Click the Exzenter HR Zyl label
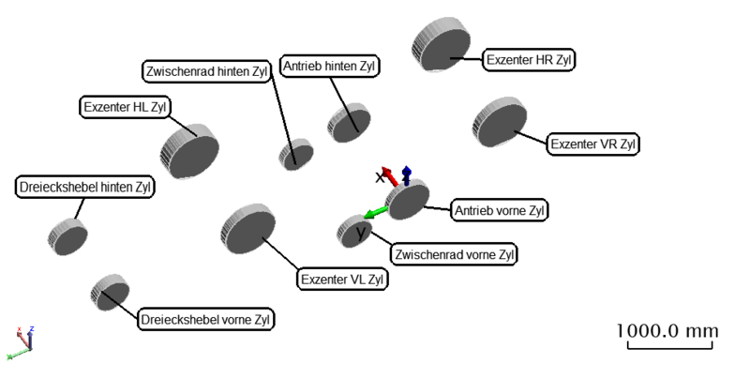(x=528, y=60)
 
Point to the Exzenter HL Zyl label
(x=125, y=107)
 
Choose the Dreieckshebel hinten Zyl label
(x=84, y=188)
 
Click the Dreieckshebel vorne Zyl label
(x=205, y=320)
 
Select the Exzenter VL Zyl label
(x=342, y=279)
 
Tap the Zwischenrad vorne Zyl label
(x=456, y=254)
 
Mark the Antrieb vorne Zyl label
(x=499, y=210)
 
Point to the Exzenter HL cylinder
(x=192, y=148)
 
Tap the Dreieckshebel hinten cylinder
(x=68, y=235)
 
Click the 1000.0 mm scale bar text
(x=667, y=331)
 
